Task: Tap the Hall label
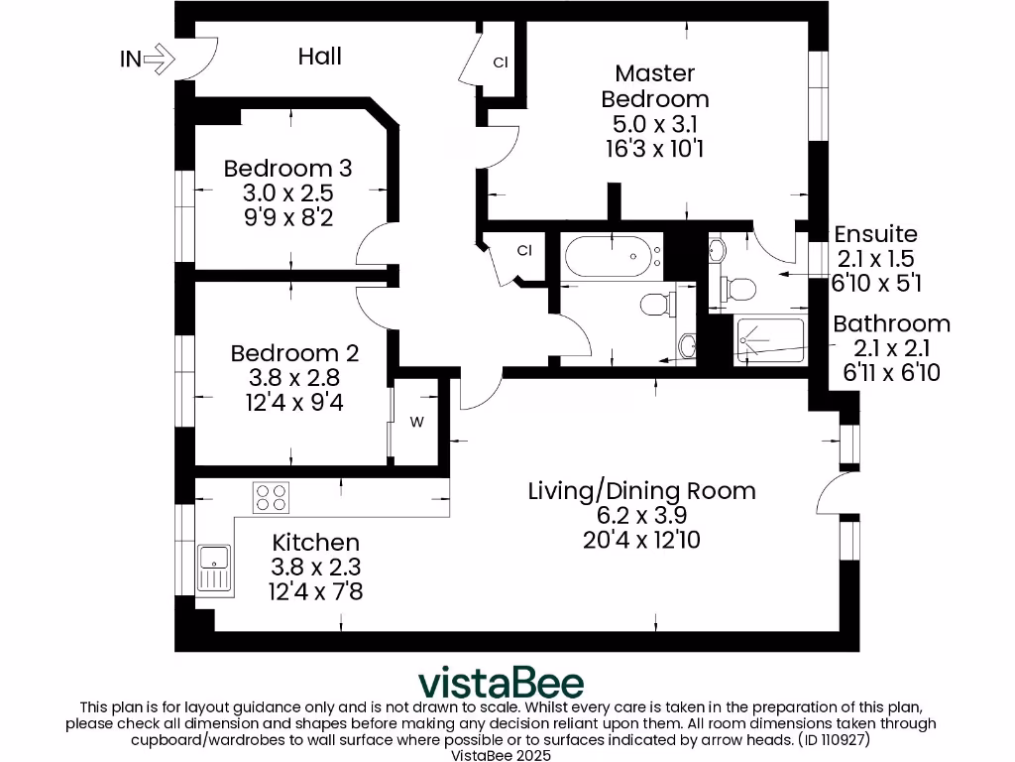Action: coord(319,56)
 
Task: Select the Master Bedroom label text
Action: coord(655,85)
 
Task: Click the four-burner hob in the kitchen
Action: coord(272,496)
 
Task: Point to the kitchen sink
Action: coord(214,569)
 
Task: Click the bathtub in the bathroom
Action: coord(613,259)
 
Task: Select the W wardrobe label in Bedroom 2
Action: coord(417,422)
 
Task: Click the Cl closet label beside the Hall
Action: coord(501,63)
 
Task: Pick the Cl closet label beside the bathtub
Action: coord(525,251)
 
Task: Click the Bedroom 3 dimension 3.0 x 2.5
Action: coord(287,191)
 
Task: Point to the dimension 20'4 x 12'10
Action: coord(641,540)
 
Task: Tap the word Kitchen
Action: coord(315,543)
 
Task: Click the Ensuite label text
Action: coord(875,235)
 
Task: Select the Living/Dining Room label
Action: coord(641,490)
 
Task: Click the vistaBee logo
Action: coord(501,683)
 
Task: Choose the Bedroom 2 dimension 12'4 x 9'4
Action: coord(294,402)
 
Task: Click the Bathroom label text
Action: coord(890,323)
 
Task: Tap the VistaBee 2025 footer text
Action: coord(507,754)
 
